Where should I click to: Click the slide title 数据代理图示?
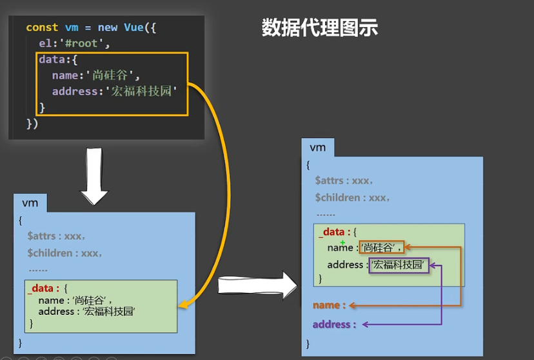click(319, 28)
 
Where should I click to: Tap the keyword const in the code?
click(42, 28)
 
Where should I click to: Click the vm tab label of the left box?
click(30, 203)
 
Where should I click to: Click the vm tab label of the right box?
click(318, 148)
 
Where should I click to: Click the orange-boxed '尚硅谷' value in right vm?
click(381, 247)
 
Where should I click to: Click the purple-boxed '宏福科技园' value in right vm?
click(399, 265)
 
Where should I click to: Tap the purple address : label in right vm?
click(334, 325)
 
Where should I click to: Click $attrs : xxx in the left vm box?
click(57, 236)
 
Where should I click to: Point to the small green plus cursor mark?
click(342, 242)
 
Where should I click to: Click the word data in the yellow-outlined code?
click(51, 59)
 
